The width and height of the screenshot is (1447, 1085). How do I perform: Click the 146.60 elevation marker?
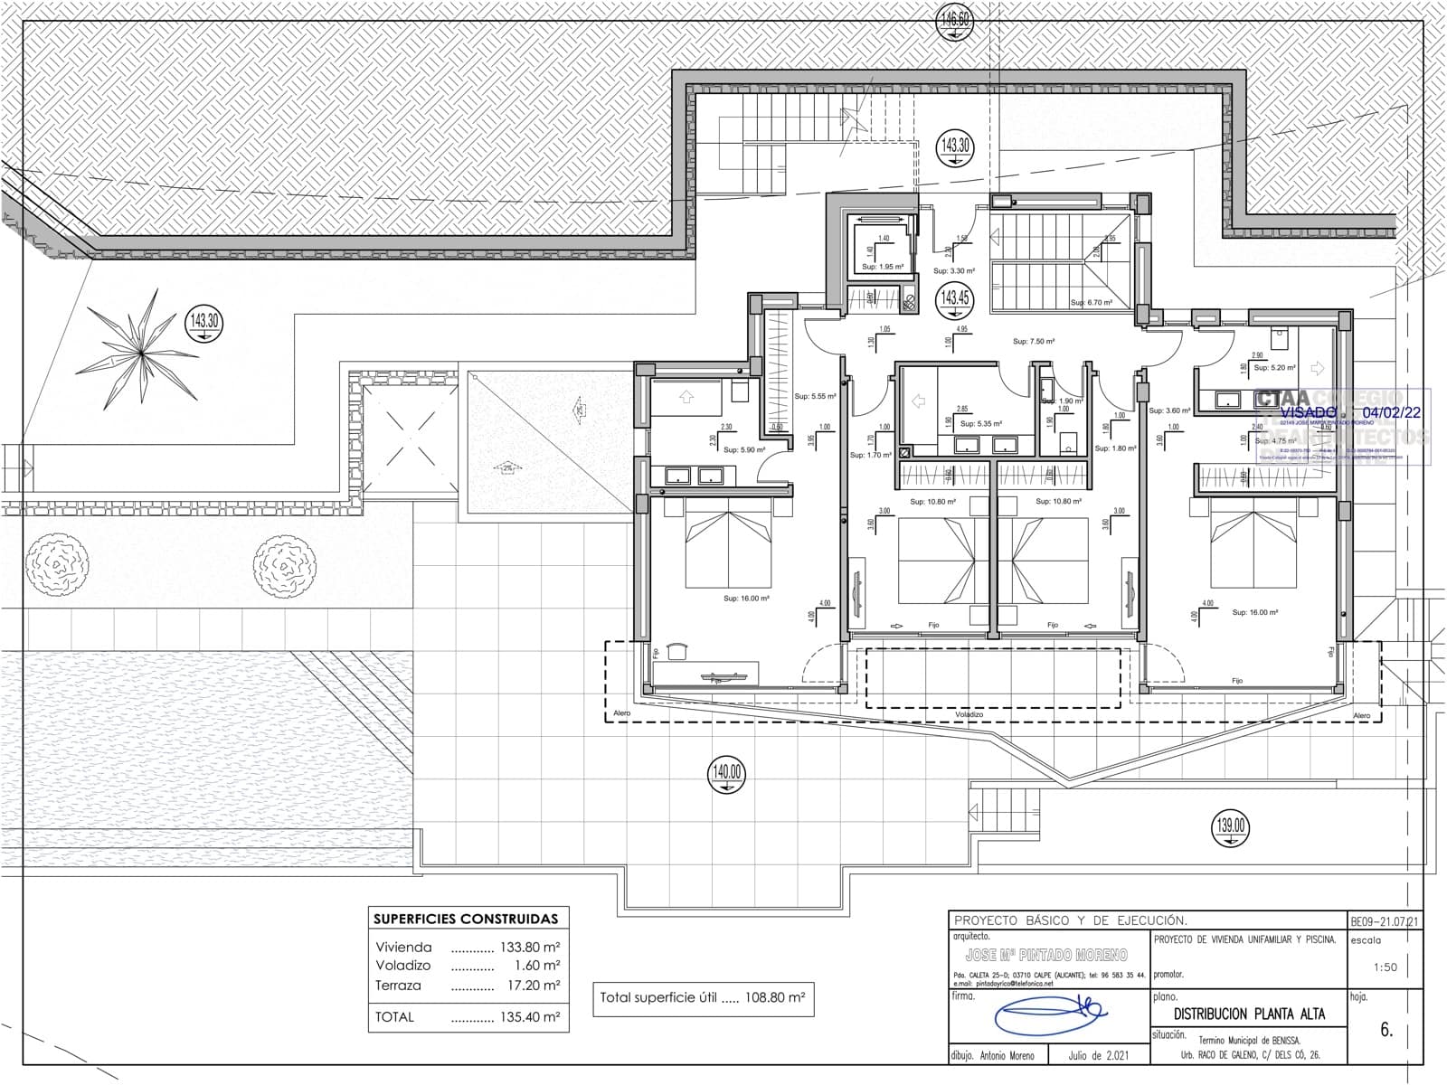point(956,19)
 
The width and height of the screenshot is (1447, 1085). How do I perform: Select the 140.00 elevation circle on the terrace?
point(726,774)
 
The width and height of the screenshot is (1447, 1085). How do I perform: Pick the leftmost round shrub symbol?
point(58,565)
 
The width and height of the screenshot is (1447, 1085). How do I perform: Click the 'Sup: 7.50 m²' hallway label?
point(1033,342)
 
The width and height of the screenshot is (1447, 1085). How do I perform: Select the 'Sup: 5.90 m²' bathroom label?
point(741,449)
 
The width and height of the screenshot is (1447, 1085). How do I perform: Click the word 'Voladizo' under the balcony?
point(969,714)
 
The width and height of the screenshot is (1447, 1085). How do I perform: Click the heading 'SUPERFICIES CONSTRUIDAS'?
point(466,919)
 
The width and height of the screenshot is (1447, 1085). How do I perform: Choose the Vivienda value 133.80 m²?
point(529,948)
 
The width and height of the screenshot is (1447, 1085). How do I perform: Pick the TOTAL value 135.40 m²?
point(529,1016)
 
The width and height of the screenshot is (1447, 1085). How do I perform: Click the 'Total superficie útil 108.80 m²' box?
point(702,998)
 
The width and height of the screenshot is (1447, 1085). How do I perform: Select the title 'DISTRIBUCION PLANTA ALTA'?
point(1249,1014)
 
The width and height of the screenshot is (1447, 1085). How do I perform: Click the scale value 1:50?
point(1385,967)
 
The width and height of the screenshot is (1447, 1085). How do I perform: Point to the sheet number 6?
point(1386,1029)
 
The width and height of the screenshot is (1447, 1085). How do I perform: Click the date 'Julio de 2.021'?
point(1098,1055)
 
